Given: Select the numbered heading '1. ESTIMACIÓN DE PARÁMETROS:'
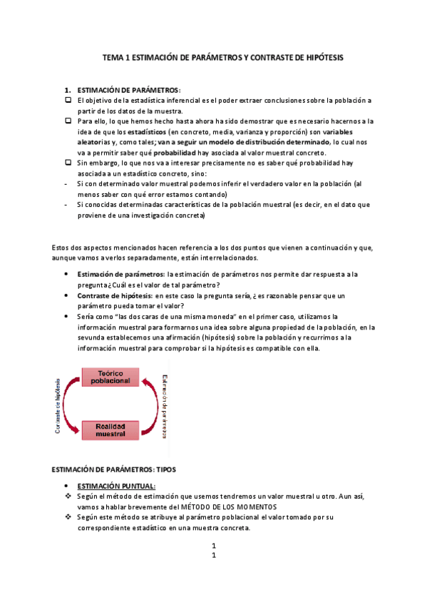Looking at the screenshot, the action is (x=123, y=90).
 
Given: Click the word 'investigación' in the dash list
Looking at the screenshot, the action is (x=154, y=215).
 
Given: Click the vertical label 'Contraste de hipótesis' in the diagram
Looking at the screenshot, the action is (x=56, y=405).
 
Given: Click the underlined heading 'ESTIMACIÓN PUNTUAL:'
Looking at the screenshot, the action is (x=115, y=486).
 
